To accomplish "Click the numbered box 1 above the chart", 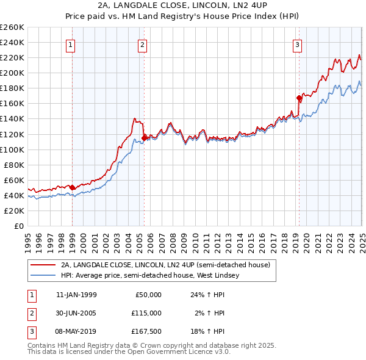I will coord(71,45).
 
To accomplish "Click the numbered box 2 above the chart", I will coord(142,45).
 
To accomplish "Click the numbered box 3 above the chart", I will coord(297,45).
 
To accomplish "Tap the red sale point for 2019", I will coord(299,98).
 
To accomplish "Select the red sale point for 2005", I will coord(144,138).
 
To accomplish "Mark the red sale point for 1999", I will coord(73,187).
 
